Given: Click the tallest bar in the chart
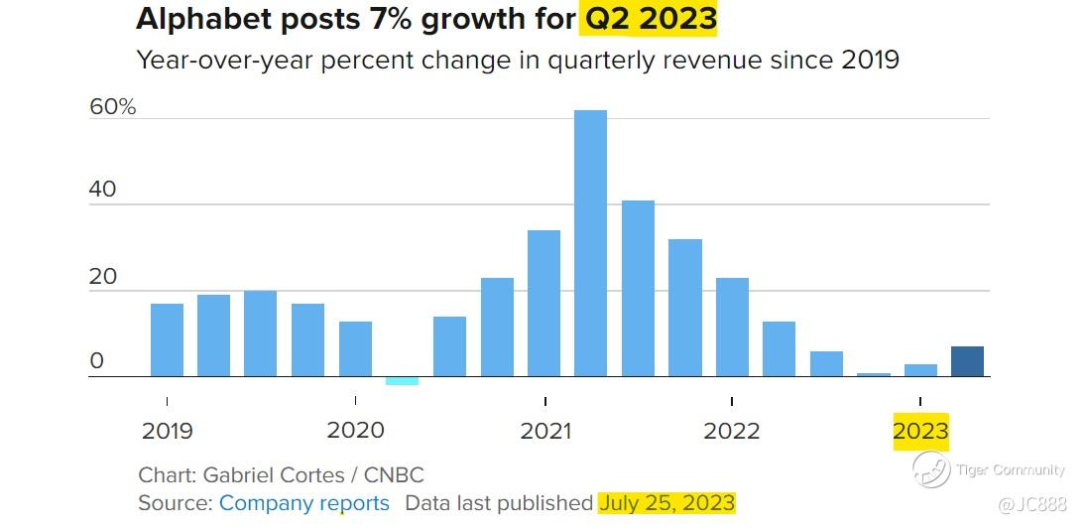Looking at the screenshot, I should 590,243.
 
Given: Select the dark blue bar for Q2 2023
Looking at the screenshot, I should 967,361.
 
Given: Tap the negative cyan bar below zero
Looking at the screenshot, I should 402,381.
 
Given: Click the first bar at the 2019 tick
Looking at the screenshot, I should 167,339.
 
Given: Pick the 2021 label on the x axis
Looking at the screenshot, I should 545,431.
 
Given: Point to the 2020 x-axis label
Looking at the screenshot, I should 355,431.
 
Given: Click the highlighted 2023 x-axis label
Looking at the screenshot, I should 920,431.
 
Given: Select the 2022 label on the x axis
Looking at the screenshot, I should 732,431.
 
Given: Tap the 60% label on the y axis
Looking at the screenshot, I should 112,107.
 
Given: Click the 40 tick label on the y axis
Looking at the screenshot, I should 103,190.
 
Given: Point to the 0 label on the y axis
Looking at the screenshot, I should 96,361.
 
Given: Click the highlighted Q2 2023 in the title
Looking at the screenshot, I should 650,19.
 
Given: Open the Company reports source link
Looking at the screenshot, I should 303,503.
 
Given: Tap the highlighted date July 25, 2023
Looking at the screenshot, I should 666,503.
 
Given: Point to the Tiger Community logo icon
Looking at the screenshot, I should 931,469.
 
